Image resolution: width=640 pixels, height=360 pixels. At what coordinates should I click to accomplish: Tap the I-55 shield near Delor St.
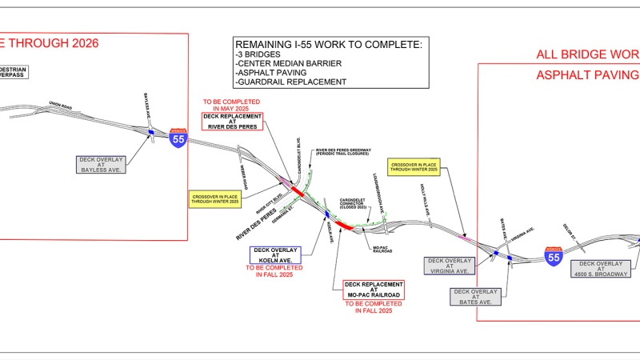(553, 255)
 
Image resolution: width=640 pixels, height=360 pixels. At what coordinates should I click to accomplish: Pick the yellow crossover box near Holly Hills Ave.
(414, 166)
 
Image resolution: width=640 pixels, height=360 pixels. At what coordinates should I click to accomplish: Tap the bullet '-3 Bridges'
(261, 54)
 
